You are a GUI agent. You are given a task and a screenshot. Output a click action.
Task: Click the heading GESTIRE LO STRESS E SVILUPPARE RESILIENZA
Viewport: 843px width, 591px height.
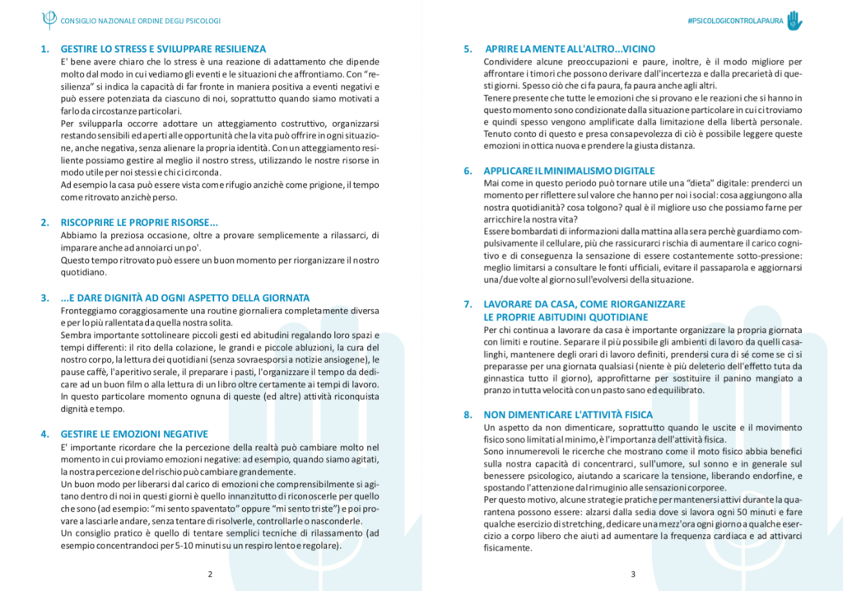(163, 49)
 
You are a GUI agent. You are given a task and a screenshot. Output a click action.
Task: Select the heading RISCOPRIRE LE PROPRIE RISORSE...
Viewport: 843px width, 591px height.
(139, 222)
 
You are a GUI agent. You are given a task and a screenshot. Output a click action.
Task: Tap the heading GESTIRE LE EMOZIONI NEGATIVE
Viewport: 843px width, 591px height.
(134, 434)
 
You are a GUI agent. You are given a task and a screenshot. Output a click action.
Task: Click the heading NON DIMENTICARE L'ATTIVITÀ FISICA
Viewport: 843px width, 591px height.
(568, 415)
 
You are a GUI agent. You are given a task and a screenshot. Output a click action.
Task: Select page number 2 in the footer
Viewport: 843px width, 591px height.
(210, 574)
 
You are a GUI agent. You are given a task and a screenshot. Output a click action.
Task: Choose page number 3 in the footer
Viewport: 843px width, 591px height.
(632, 574)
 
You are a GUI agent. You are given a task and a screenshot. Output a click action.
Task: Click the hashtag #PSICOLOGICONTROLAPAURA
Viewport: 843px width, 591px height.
(735, 21)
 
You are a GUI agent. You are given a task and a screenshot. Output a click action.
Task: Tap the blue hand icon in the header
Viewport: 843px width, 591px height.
(794, 20)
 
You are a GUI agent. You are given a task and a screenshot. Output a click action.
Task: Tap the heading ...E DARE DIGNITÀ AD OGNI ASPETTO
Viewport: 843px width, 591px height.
(185, 297)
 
